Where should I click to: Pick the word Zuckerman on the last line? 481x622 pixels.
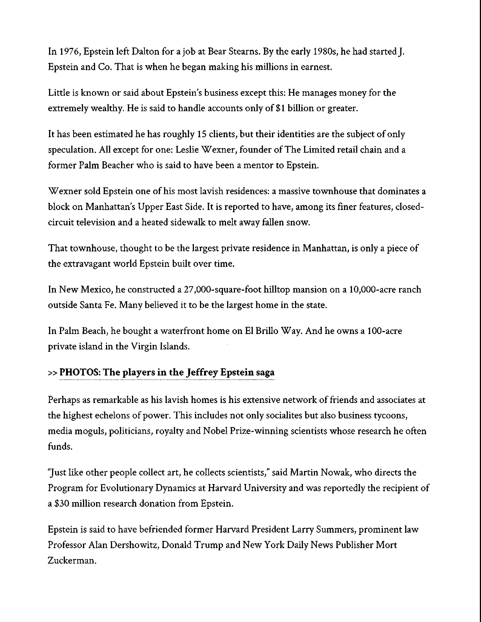click(71, 561)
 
